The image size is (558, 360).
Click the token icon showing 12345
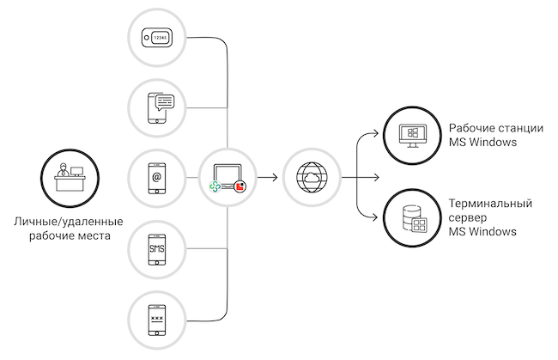pos(156,37)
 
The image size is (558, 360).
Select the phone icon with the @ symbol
pos(156,178)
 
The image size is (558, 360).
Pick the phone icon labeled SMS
pos(156,249)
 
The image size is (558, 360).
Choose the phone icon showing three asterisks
pos(156,320)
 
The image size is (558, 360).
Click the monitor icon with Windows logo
pos(413,134)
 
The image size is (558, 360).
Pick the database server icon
pos(413,217)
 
